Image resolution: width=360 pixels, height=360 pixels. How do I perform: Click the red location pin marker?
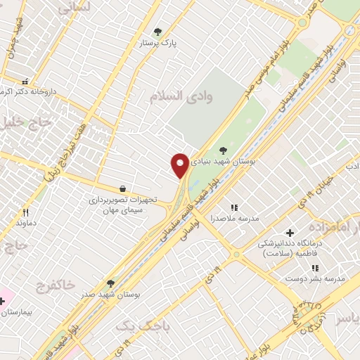pos(180,165)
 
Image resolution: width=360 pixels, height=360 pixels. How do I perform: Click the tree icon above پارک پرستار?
pos(157,32)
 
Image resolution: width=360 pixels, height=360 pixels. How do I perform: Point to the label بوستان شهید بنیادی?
pos(226,161)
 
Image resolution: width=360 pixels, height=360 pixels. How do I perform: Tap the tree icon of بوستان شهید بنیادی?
pos(223,150)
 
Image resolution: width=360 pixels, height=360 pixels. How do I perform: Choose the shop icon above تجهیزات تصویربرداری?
pos(123,188)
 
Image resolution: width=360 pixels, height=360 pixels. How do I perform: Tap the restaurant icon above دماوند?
pos(26,212)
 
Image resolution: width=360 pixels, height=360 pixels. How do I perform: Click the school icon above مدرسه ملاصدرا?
pos(234,207)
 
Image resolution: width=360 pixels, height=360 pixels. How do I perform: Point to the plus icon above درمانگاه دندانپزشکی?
pos(289,233)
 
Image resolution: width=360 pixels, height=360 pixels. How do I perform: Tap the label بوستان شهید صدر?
pos(111,295)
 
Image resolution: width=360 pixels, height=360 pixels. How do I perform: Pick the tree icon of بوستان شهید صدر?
pos(110,283)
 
